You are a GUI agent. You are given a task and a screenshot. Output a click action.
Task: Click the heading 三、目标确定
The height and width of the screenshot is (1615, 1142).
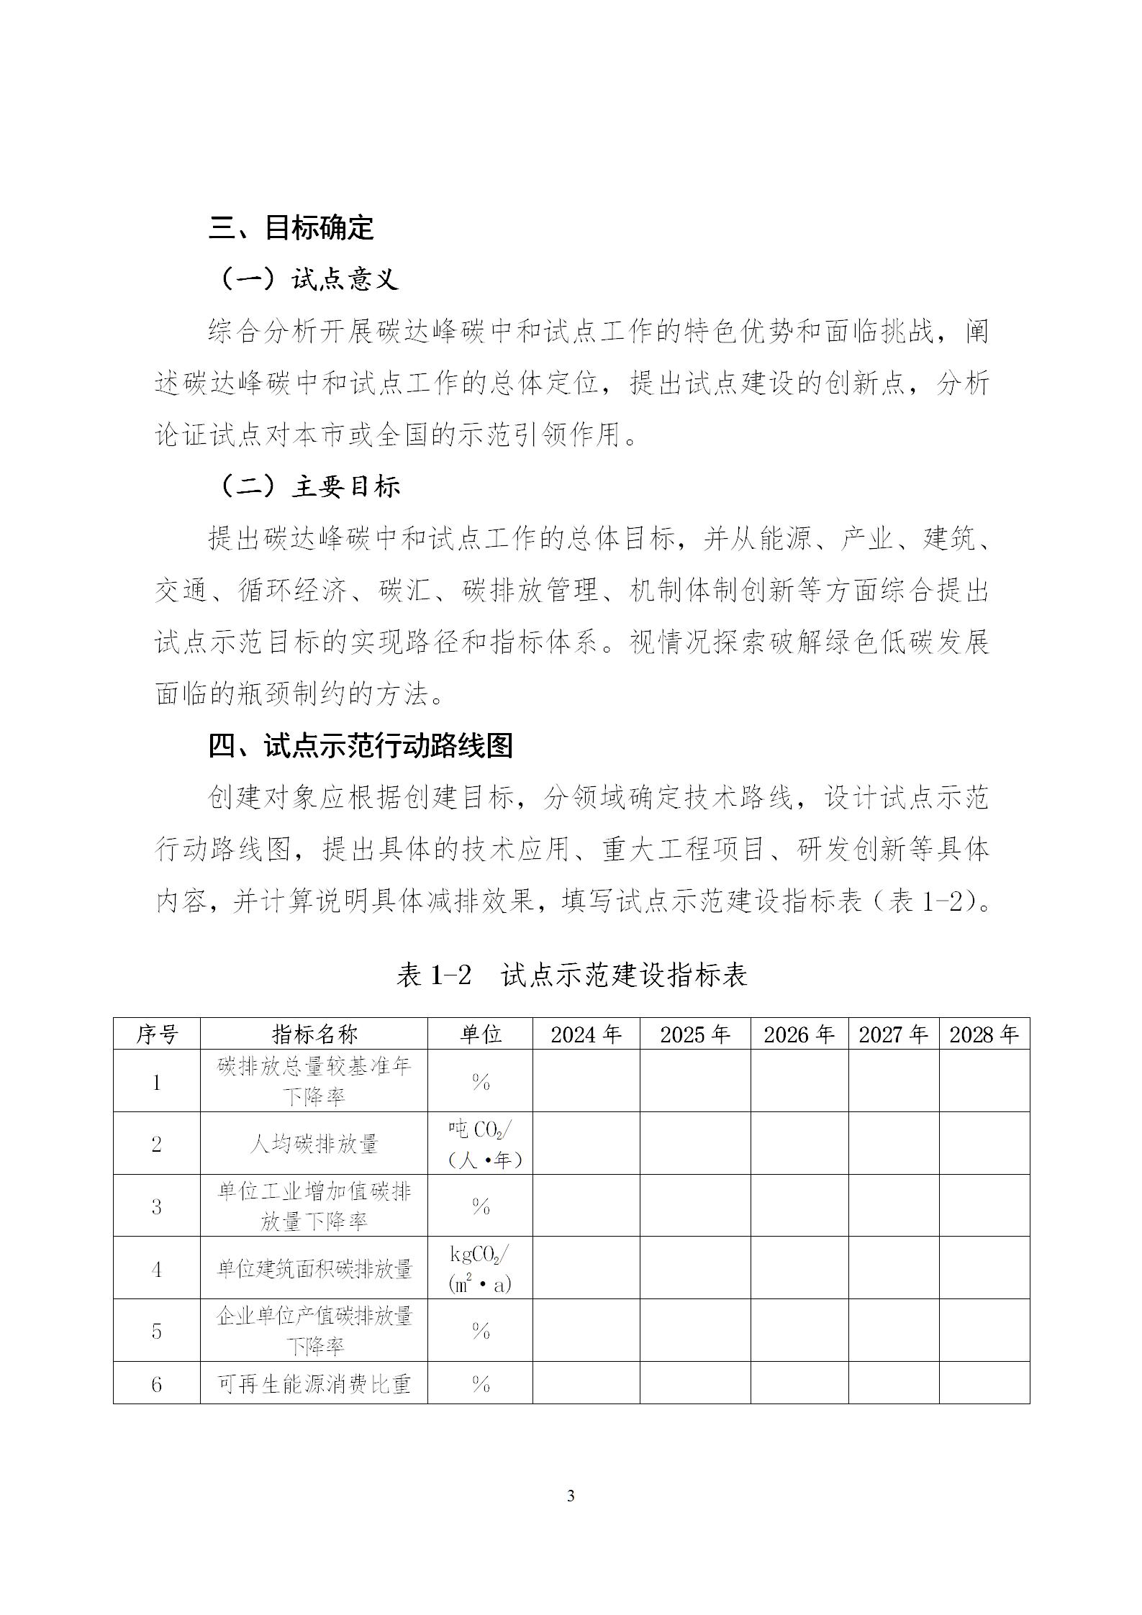291,227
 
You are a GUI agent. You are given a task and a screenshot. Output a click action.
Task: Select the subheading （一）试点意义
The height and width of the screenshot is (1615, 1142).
307,279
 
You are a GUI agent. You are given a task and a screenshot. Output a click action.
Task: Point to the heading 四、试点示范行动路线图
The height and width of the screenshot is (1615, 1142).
361,746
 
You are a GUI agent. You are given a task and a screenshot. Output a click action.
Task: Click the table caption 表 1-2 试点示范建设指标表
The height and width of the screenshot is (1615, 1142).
571,975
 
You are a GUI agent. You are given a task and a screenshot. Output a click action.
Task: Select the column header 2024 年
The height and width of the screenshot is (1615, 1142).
586,1034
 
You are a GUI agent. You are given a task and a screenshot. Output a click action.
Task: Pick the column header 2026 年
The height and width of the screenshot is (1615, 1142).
799,1034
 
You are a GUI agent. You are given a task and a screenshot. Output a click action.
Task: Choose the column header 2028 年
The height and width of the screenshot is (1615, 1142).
984,1034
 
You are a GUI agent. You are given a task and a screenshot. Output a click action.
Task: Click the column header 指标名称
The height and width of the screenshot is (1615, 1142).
314,1034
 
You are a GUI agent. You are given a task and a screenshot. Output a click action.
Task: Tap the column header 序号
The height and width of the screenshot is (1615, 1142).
157,1034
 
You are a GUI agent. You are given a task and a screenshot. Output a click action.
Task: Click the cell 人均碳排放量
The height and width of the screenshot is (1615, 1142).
314,1144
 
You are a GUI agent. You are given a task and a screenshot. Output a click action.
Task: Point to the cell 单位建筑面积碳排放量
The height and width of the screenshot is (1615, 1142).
314,1268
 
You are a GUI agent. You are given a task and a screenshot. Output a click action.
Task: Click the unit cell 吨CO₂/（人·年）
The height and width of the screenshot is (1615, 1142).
480,1144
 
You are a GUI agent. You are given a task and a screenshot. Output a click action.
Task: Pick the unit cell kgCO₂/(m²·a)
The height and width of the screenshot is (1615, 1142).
480,1268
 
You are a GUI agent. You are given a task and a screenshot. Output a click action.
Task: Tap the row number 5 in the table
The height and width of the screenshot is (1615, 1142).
157,1330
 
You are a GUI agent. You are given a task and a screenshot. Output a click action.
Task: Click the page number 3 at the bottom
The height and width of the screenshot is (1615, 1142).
571,1496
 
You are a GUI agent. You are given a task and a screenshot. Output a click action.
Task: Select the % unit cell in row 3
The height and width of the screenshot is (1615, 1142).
480,1206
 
